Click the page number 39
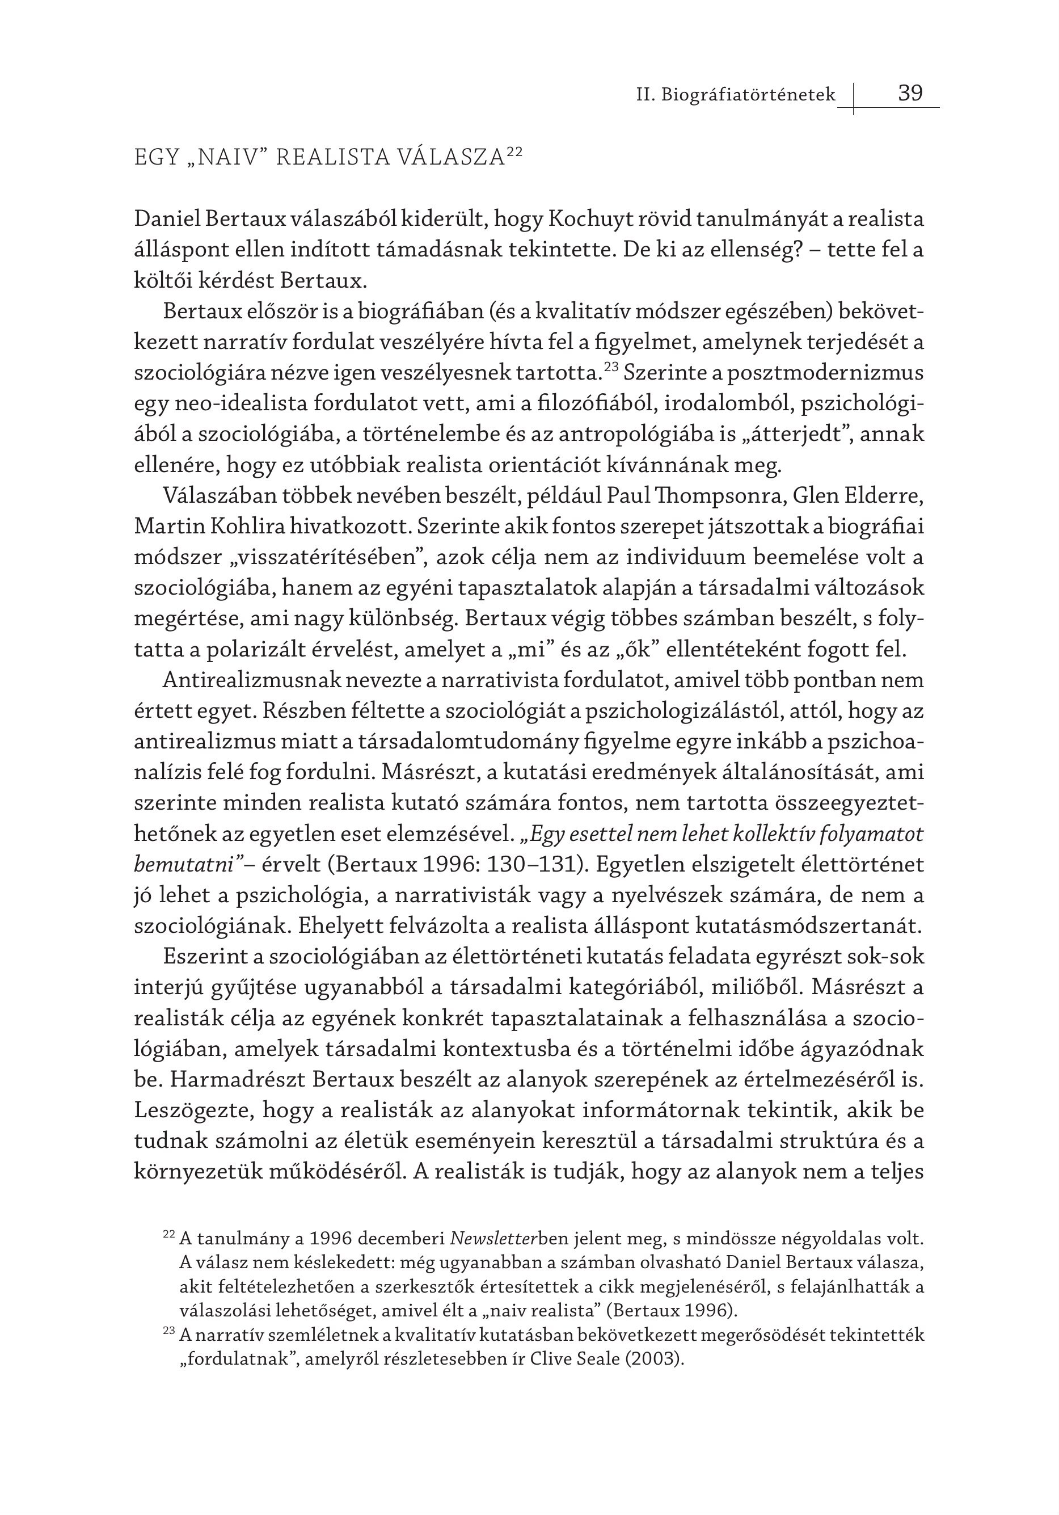coord(910,93)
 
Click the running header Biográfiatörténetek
coord(748,95)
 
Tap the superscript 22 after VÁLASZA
coord(514,152)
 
